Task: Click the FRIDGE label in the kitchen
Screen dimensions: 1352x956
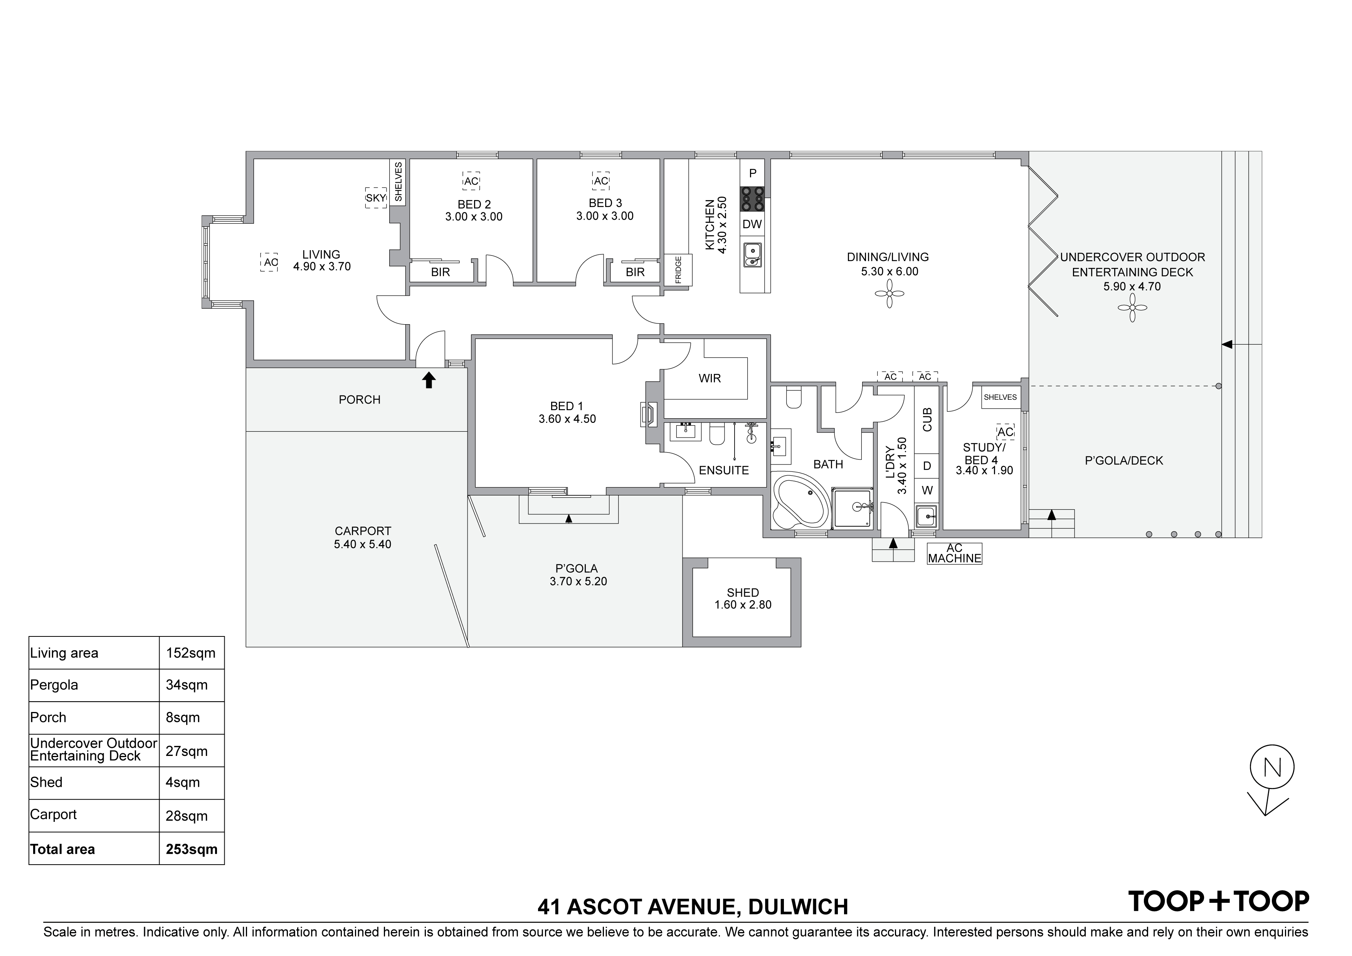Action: [x=678, y=270]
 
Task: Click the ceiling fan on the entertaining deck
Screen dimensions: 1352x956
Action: [x=1132, y=308]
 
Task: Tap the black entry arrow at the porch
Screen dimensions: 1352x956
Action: [x=429, y=380]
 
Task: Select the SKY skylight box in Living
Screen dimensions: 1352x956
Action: [x=376, y=198]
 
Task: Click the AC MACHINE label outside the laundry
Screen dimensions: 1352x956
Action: [x=955, y=553]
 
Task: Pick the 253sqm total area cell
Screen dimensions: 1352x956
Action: [x=192, y=849]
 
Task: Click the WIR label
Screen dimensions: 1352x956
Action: [x=710, y=378]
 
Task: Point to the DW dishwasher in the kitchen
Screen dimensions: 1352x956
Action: [x=753, y=224]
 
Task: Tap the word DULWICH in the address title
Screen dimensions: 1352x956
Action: [x=798, y=907]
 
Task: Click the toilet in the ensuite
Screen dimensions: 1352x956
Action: [x=716, y=434]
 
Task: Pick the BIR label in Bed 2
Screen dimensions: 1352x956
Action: [x=441, y=272]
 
